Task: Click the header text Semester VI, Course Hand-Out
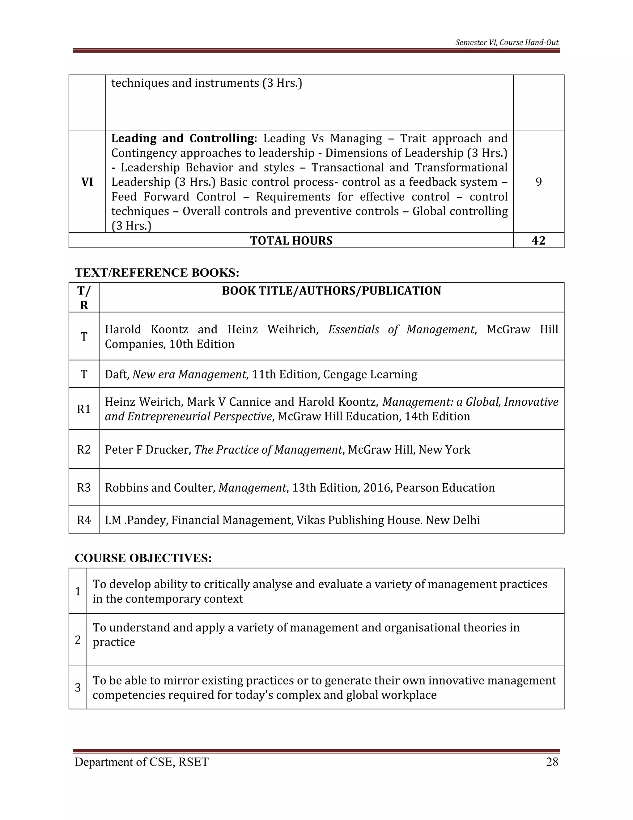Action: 507,42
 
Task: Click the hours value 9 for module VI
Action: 538,182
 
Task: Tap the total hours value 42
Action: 538,241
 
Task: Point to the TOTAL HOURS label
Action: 291,241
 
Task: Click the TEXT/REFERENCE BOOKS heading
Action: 157,272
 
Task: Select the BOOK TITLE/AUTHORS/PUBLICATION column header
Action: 332,291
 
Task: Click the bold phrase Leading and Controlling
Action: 184,139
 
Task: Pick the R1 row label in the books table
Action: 84,409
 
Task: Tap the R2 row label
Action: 84,449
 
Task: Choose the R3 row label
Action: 84,487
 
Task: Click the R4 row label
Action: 84,520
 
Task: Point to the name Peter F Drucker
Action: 148,449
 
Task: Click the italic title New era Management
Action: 189,374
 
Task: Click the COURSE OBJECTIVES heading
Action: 143,558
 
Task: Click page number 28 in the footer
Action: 552,762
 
